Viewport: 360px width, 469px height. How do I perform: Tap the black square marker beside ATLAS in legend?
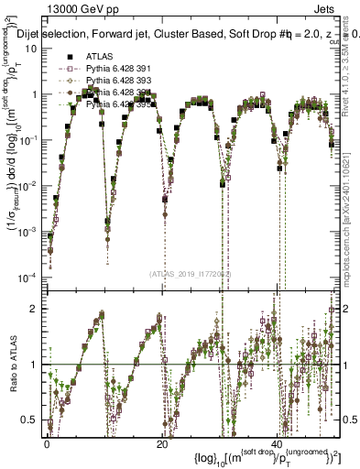69,56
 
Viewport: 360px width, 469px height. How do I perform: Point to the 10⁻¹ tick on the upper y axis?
30,140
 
